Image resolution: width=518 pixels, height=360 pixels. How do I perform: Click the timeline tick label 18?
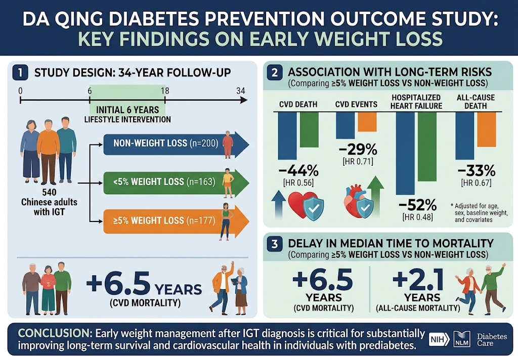(165, 91)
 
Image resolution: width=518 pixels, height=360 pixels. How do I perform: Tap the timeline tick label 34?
(241, 91)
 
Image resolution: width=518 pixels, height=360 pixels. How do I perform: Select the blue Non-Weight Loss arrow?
(176, 143)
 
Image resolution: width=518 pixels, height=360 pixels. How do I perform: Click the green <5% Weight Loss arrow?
(176, 182)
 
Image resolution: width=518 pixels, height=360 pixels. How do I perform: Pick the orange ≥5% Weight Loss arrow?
(176, 220)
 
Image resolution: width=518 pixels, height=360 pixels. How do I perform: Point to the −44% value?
(298, 171)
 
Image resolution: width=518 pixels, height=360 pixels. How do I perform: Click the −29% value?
(358, 150)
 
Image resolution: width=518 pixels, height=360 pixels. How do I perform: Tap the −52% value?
(417, 205)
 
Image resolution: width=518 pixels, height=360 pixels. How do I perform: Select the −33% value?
(477, 171)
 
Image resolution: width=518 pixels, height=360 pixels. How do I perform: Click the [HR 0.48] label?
(417, 217)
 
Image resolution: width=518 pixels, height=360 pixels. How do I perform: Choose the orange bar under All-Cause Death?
(487, 129)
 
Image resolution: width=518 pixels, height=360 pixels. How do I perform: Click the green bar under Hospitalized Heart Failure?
(427, 147)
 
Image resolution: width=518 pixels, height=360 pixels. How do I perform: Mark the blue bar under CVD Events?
(345, 125)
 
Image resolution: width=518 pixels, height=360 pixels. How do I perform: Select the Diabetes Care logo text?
(492, 340)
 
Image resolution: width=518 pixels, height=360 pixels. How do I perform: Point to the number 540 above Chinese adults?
(49, 192)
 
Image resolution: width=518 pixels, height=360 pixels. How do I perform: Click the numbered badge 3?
(275, 244)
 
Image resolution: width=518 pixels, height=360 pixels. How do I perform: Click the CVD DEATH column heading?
(298, 104)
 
